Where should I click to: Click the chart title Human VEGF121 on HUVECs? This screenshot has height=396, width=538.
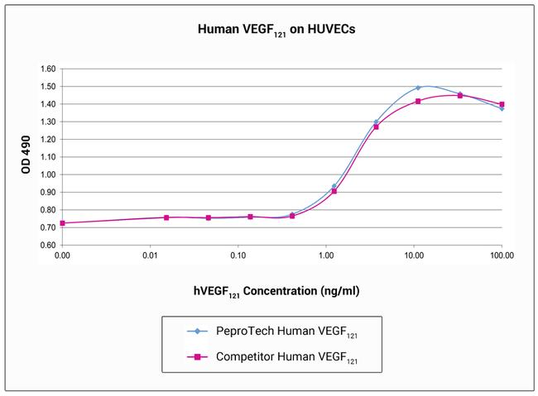pos(269,28)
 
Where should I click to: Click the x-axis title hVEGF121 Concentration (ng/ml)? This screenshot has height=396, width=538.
pos(269,290)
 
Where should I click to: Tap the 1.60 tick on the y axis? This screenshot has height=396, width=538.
pos(46,69)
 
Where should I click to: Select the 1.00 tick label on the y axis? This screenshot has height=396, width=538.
pos(46,174)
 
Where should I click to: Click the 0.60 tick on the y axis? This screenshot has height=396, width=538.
pos(46,246)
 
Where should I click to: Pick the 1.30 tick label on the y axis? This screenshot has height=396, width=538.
pos(46,122)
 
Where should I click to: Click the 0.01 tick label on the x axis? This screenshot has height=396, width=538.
pos(150,256)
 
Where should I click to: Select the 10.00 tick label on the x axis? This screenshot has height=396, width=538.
pos(414,256)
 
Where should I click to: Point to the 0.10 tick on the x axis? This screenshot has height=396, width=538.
pos(238,256)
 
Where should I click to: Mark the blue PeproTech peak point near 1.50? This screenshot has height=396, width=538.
pos(418,88)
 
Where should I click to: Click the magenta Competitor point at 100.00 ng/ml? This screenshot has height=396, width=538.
pos(502,104)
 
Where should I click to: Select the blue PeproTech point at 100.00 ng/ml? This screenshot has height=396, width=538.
pos(502,108)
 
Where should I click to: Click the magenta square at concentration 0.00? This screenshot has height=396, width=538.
pos(62,223)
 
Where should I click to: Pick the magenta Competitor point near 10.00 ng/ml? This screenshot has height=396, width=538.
pos(418,101)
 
